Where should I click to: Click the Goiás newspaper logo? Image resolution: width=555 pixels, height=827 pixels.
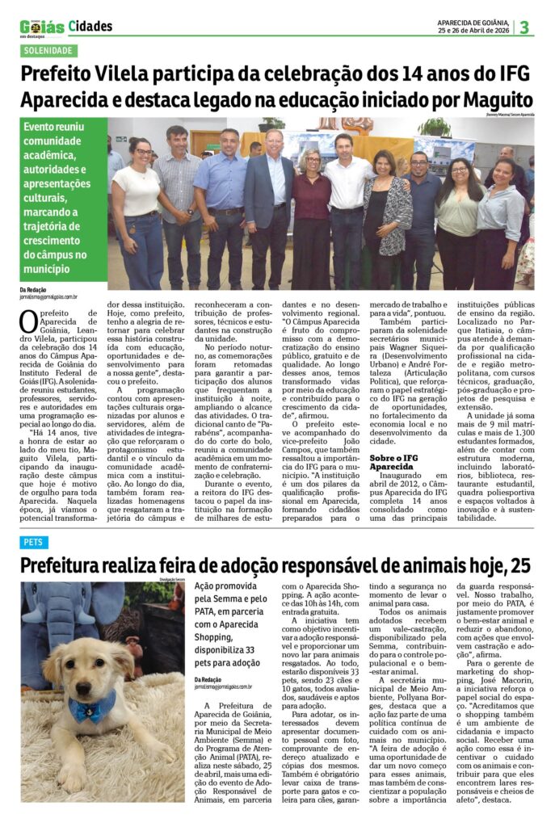(x=42, y=27)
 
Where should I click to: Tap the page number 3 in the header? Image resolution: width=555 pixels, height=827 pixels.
(x=524, y=27)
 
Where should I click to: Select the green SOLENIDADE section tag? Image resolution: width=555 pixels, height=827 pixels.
(x=49, y=50)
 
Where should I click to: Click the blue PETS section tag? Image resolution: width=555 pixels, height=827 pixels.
(x=34, y=542)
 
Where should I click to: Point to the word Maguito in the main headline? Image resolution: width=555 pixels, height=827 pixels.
(x=498, y=100)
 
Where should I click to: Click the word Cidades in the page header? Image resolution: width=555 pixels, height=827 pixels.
(x=90, y=27)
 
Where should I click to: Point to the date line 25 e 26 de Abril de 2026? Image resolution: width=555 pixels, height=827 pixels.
(x=473, y=31)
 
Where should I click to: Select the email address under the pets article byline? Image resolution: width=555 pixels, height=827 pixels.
(x=223, y=686)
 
